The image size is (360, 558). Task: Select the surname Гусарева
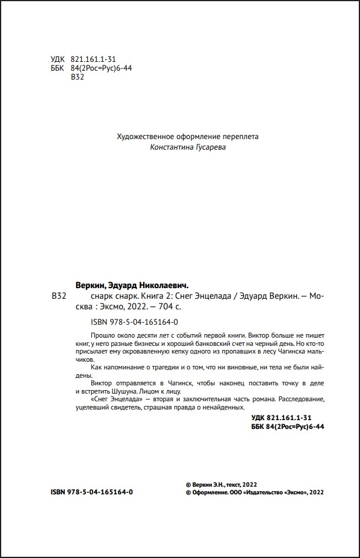click(209, 147)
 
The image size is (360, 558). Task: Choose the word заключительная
click(187, 399)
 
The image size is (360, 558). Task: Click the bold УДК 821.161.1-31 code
click(280, 418)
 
